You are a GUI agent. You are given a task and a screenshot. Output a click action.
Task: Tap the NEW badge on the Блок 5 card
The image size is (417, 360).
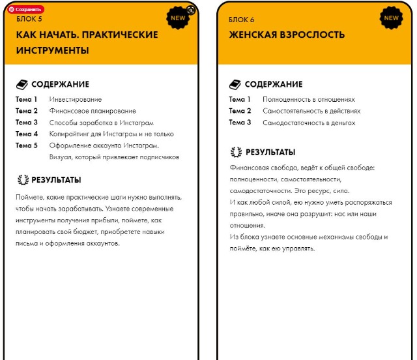click(x=178, y=18)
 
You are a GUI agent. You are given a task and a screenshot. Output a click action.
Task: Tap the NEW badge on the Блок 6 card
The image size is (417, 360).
click(x=391, y=18)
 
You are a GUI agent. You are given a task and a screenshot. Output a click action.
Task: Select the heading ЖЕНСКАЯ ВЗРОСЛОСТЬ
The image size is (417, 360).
click(x=287, y=35)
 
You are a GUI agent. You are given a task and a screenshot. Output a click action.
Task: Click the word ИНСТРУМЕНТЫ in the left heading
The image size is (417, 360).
click(x=52, y=50)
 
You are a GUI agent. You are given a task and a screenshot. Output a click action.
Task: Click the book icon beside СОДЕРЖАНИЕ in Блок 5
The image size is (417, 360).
click(x=22, y=84)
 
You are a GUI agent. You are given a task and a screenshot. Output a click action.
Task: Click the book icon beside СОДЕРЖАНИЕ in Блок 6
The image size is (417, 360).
click(x=235, y=84)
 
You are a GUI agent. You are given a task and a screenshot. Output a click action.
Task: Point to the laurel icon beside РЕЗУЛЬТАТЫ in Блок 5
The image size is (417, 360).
click(x=22, y=180)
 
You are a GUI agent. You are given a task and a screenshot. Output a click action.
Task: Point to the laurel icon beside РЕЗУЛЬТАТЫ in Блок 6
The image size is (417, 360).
click(x=236, y=153)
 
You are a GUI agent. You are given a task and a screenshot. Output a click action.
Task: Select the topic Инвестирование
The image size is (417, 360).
click(x=76, y=99)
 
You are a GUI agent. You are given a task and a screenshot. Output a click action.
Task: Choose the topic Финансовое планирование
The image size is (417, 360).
click(x=93, y=111)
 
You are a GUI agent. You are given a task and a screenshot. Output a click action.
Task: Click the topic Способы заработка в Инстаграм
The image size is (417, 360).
click(x=101, y=122)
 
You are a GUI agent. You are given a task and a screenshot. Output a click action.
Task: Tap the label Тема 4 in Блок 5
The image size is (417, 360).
click(x=27, y=134)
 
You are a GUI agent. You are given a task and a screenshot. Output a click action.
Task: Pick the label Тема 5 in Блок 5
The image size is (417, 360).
click(x=27, y=145)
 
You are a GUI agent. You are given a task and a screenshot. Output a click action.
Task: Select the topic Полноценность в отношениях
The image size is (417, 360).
click(x=309, y=99)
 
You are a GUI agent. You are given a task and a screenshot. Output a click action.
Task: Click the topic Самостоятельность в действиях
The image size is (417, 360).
click(x=311, y=111)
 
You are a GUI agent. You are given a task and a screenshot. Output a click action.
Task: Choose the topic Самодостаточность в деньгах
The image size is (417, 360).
click(x=309, y=122)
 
